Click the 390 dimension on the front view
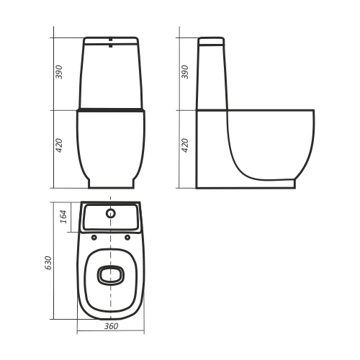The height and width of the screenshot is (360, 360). [59, 72]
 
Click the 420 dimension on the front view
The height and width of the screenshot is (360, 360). [59, 145]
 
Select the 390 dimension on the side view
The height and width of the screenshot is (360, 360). [185, 72]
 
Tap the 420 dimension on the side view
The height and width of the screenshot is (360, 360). [185, 145]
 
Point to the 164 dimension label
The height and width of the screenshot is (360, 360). [63, 217]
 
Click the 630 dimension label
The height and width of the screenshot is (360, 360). [48, 263]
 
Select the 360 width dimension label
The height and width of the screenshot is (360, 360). [111, 326]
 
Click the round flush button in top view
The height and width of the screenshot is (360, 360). [111, 213]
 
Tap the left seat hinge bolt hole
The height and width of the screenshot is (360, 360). [94, 238]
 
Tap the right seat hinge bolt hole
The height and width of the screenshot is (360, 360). [127, 238]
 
